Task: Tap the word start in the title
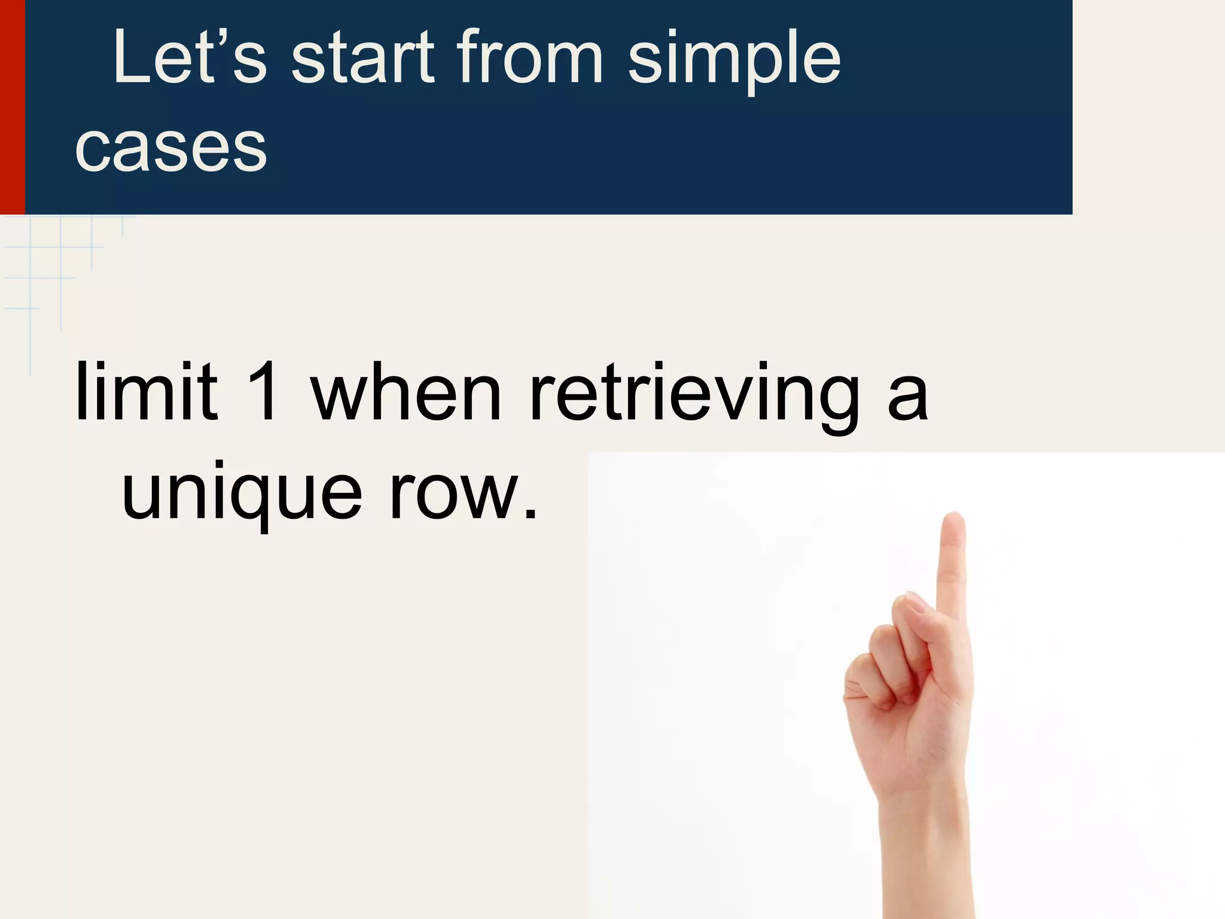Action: pos(362,58)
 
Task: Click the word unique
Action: pos(242,494)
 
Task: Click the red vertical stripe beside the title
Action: pos(12,107)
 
